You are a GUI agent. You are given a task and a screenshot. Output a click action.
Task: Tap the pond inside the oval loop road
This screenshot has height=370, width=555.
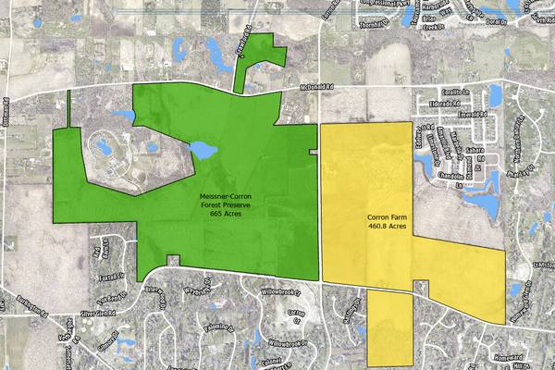pos(104,147)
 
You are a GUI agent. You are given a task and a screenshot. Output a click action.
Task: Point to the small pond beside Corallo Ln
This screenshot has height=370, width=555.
pos(495,94)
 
